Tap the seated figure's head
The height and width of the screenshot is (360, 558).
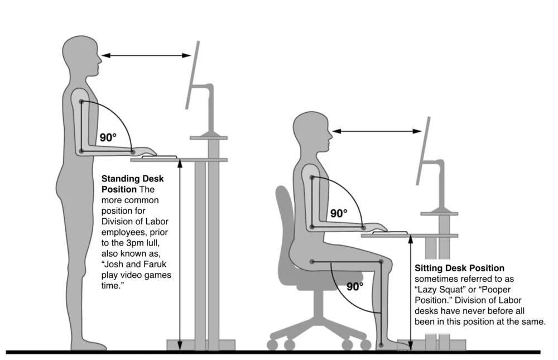point(313,134)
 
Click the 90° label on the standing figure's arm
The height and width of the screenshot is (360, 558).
point(108,137)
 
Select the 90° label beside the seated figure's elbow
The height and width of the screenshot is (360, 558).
point(339,213)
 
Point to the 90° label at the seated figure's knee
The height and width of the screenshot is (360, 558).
point(355,286)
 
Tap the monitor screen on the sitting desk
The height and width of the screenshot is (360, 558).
point(424,151)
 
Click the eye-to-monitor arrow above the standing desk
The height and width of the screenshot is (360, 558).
point(146,55)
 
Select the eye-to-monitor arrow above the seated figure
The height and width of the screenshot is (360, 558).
point(377,131)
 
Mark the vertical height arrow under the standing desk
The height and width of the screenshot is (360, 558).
point(180,254)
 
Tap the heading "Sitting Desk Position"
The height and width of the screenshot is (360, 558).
point(459,268)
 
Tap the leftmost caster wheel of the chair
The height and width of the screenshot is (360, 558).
point(272,344)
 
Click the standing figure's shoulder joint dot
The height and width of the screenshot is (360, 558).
point(81,102)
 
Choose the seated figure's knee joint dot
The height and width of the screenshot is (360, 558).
point(381,261)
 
